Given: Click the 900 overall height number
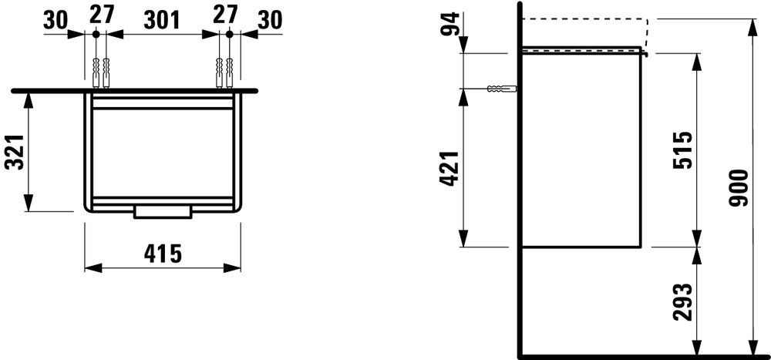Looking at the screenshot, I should click(739, 188).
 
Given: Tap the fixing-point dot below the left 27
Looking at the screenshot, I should click(95, 34).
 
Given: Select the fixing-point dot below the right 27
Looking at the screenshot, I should click(230, 34).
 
